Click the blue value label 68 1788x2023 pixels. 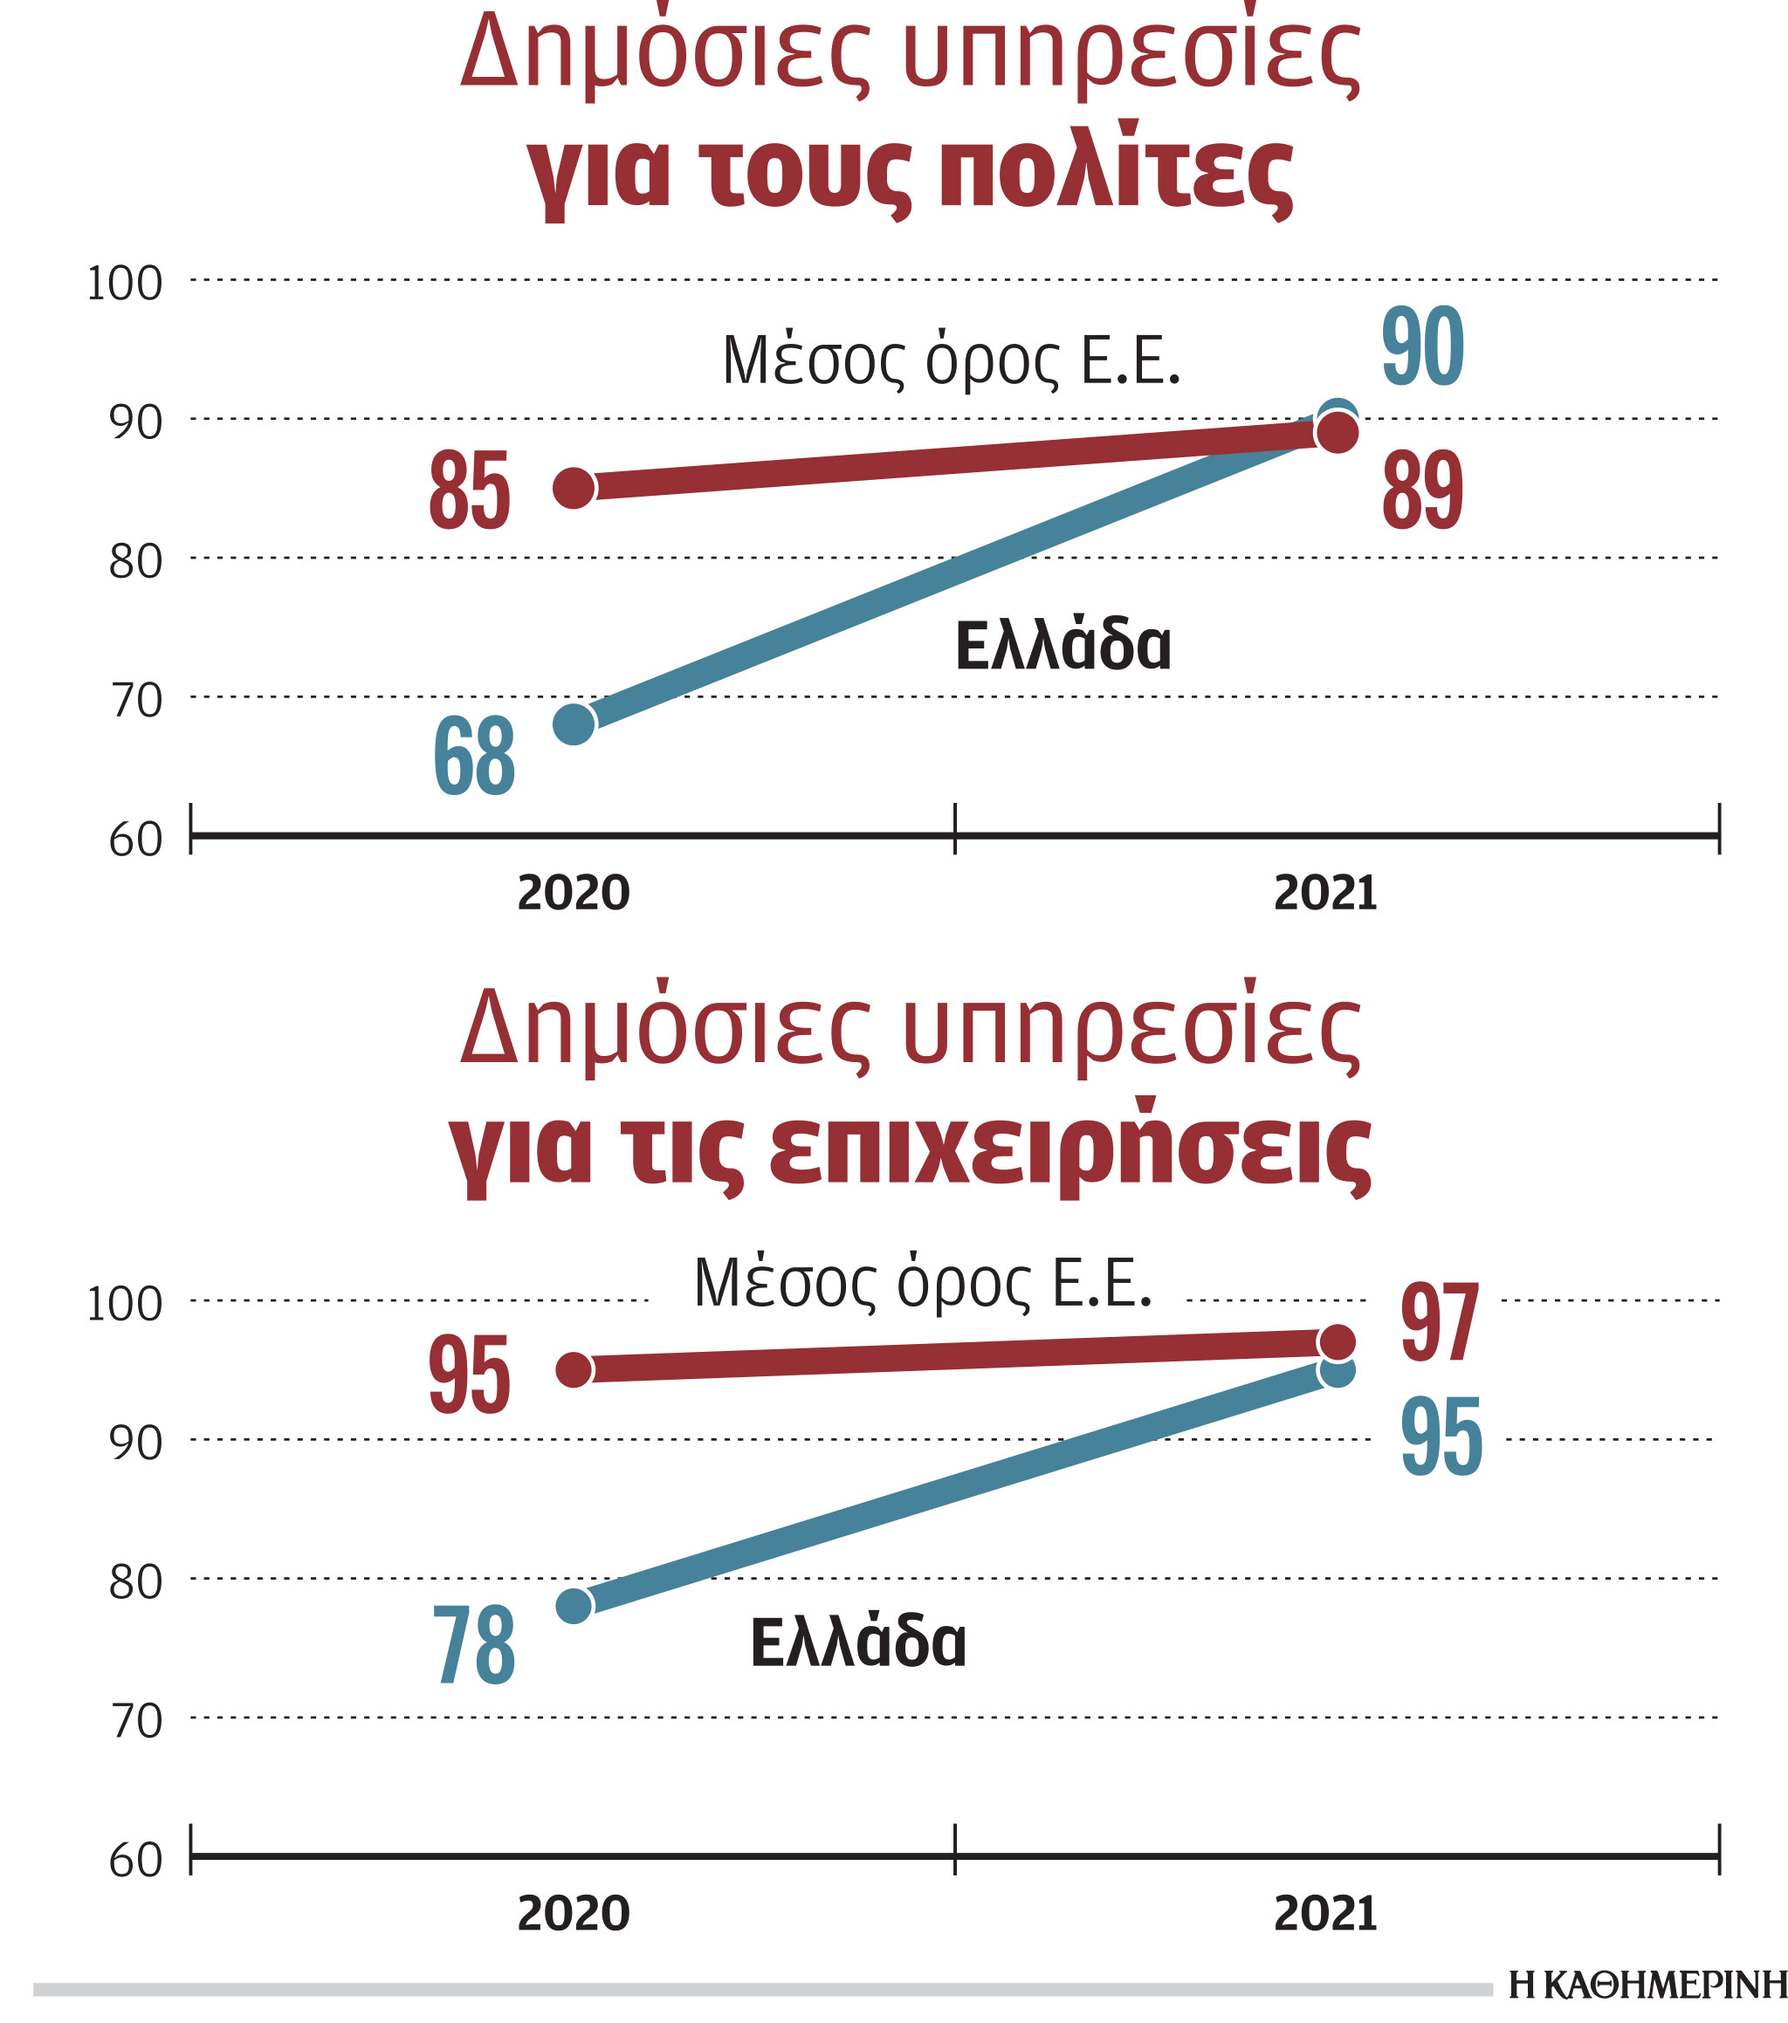[x=474, y=758]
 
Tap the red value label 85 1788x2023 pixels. [x=470, y=490]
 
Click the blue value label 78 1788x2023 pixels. [x=474, y=1646]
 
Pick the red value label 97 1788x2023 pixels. [x=1440, y=1323]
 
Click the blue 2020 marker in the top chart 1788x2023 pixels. [x=574, y=723]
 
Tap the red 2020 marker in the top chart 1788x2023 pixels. [x=574, y=487]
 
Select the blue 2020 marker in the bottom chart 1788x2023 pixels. [x=574, y=1605]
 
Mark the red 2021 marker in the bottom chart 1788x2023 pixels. [x=1338, y=1343]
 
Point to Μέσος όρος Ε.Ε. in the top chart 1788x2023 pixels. [x=952, y=360]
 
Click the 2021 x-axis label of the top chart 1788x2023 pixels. [x=1324, y=893]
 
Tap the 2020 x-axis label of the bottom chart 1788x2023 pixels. [x=574, y=1914]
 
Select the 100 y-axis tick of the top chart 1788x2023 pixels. [x=125, y=284]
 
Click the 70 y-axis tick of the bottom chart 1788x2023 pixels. [x=135, y=1722]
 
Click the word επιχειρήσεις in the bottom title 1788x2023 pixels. [x=1069, y=1151]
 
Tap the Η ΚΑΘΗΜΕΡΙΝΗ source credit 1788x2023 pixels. [x=1647, y=1985]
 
